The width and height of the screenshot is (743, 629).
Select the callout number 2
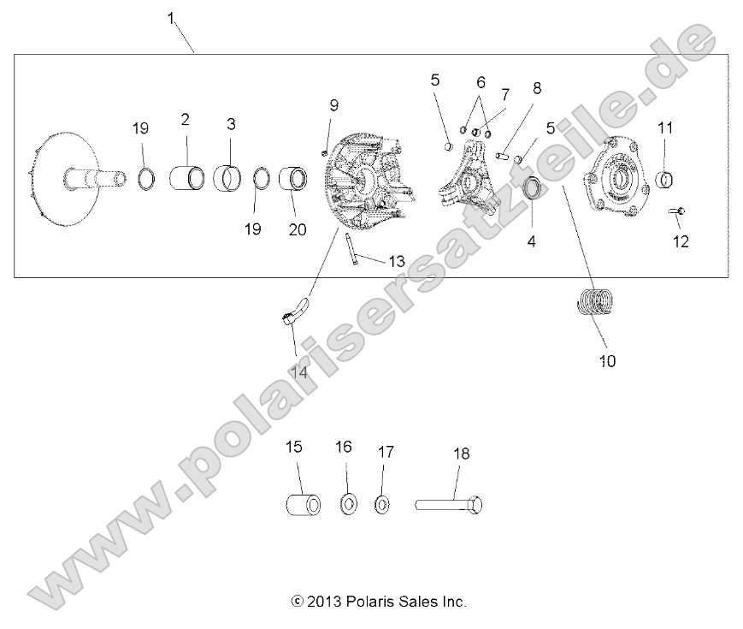[186, 120]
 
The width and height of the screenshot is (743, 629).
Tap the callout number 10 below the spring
[607, 360]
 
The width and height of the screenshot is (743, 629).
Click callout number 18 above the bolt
[461, 454]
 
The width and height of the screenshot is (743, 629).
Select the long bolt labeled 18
[451, 504]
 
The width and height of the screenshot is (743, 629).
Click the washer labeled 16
[348, 504]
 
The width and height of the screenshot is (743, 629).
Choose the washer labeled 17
[382, 504]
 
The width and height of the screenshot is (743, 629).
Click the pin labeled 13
[351, 250]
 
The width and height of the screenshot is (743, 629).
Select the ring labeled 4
[533, 189]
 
